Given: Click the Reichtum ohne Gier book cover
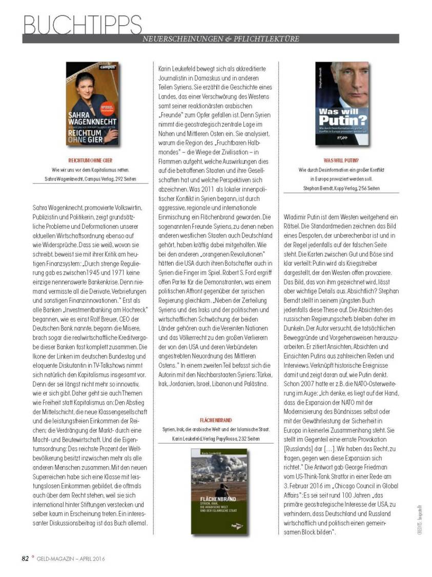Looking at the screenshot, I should pyautogui.click(x=92, y=104).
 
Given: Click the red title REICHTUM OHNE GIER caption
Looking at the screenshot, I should pyautogui.click(x=91, y=160).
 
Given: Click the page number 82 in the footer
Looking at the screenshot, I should pyautogui.click(x=26, y=559).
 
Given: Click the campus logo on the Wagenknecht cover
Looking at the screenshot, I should pyautogui.click(x=107, y=67).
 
